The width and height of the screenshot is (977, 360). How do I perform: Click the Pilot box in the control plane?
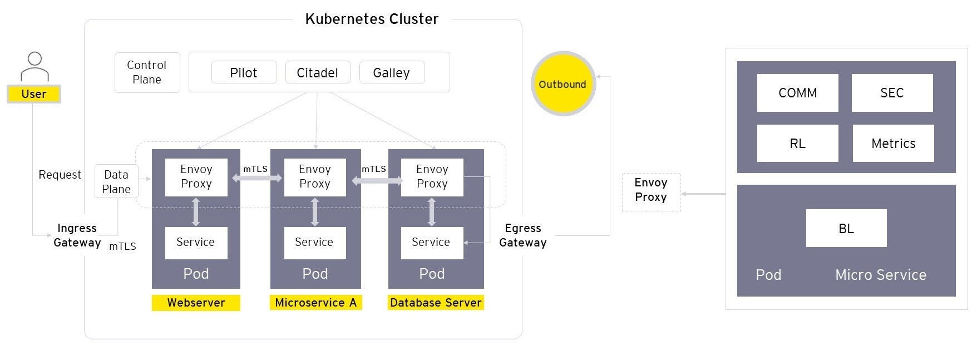(x=244, y=72)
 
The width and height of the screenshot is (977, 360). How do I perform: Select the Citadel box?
(x=318, y=72)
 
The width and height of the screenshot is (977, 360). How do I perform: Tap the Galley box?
(x=392, y=72)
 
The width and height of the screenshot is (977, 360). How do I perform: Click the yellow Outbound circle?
(x=562, y=84)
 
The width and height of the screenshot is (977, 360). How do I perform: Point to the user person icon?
(x=34, y=66)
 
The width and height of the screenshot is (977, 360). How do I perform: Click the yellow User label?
(x=34, y=94)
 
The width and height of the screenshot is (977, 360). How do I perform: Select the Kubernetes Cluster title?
(x=372, y=19)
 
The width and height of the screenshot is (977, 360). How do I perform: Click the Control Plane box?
(x=147, y=72)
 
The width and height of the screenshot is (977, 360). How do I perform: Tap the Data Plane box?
(x=116, y=181)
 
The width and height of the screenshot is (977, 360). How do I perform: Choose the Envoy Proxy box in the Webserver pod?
(x=196, y=176)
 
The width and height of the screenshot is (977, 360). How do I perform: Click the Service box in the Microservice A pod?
(x=314, y=242)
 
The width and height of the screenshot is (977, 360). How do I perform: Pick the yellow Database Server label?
(x=436, y=303)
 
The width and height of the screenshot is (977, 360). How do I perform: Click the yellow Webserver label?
(x=196, y=303)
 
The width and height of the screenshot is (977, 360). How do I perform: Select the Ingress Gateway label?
(x=77, y=235)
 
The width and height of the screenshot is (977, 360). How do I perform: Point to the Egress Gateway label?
(x=522, y=235)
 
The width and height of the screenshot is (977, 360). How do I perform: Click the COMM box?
(x=797, y=93)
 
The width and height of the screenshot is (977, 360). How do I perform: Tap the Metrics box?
(x=893, y=144)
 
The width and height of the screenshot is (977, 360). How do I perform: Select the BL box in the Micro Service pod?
(x=846, y=228)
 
